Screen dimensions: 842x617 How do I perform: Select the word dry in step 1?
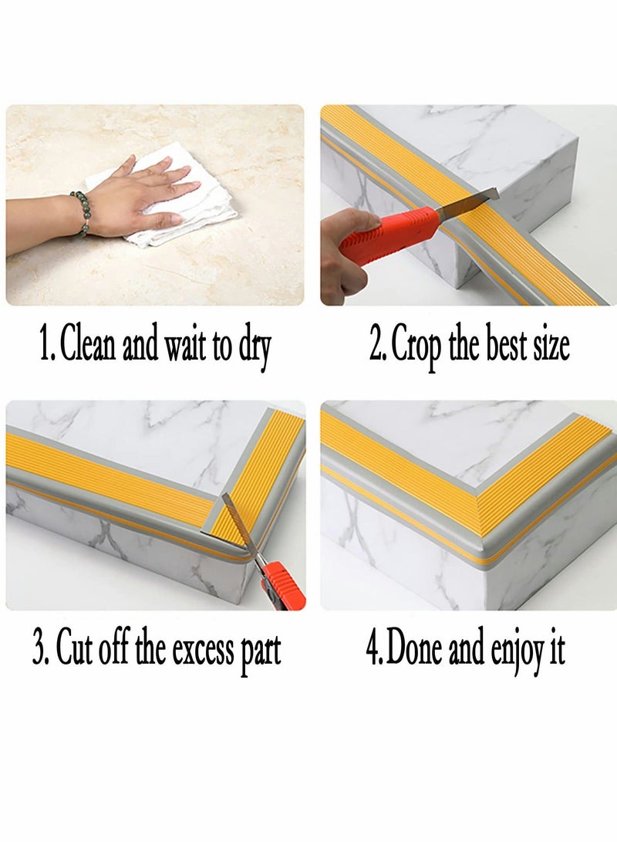point(254,347)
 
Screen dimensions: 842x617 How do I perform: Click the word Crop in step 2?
point(417,347)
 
